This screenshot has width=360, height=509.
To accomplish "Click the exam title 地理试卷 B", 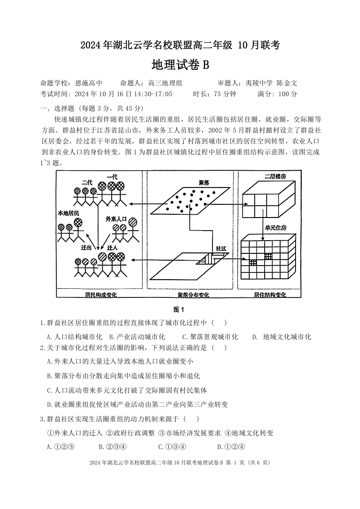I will pos(180,65).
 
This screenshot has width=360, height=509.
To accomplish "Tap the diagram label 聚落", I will pos(203,183).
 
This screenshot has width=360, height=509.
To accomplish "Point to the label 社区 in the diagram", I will pos(221,249).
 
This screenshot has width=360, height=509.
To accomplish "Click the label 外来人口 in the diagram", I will pos(116,218).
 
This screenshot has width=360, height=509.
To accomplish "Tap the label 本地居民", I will pos(68,213).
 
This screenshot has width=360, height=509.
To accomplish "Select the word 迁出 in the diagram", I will pos(86,248).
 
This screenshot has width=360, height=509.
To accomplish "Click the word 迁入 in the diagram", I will pos(112,248).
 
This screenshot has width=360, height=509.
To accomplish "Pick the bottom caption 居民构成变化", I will pos(101,295).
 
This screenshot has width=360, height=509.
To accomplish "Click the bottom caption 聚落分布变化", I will pos(193,295).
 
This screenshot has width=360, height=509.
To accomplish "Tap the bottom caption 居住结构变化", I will pos(270,295).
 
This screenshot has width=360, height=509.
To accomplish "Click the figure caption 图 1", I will pos(180,310).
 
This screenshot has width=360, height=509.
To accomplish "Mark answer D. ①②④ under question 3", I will pos(232,446).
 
